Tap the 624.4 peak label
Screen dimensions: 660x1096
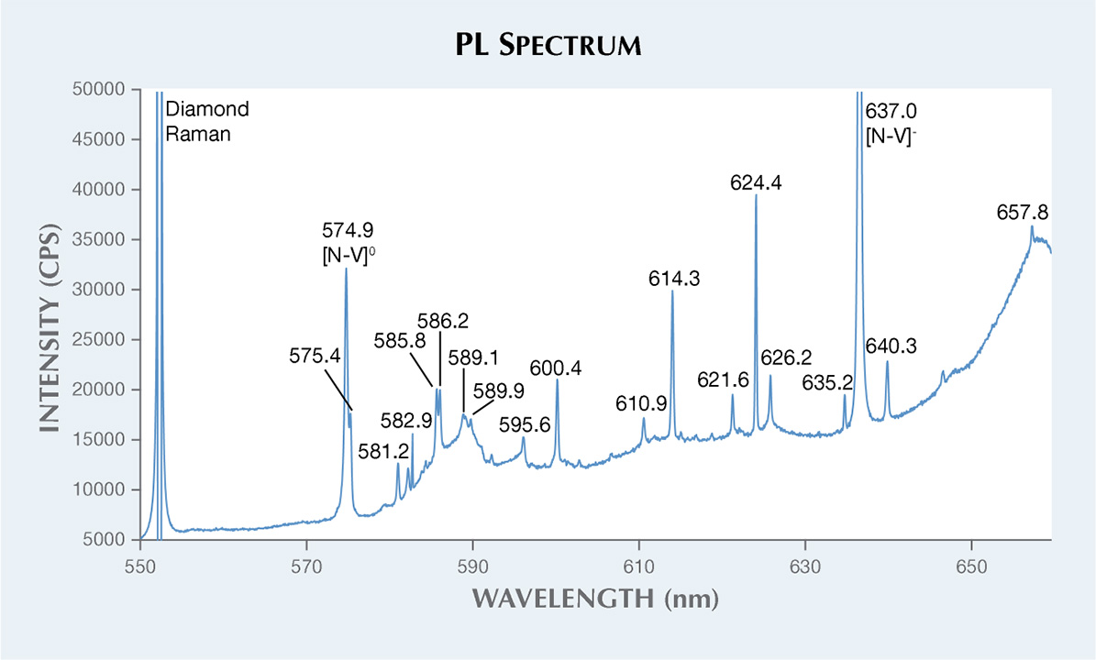[756, 183]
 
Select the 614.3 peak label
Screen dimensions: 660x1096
[672, 280]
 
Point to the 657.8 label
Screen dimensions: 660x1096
[1022, 214]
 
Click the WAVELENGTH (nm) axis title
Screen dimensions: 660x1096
[594, 599]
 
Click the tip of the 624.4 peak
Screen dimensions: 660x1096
[756, 195]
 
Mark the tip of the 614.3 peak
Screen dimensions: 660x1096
[672, 291]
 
